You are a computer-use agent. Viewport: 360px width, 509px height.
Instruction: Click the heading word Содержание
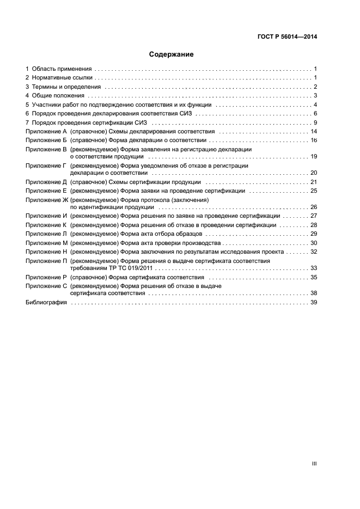(172, 54)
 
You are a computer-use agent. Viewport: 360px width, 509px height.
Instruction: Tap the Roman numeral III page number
(314, 464)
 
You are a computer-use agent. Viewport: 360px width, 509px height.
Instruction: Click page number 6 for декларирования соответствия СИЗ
(315, 113)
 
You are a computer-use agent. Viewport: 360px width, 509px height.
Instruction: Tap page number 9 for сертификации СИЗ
(315, 122)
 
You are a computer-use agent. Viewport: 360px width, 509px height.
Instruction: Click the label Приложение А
(46, 132)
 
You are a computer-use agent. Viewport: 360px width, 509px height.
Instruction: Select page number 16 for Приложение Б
(314, 140)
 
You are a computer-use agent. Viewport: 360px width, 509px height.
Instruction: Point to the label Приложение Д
(46, 182)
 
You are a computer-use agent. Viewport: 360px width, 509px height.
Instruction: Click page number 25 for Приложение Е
(314, 191)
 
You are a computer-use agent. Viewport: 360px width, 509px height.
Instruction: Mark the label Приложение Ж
(46, 200)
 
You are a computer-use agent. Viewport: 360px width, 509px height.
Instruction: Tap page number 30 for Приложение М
(314, 242)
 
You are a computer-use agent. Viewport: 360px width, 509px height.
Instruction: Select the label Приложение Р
(46, 277)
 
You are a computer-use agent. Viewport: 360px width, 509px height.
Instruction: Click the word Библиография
(46, 303)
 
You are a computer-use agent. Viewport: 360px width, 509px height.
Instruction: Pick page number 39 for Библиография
(314, 303)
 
